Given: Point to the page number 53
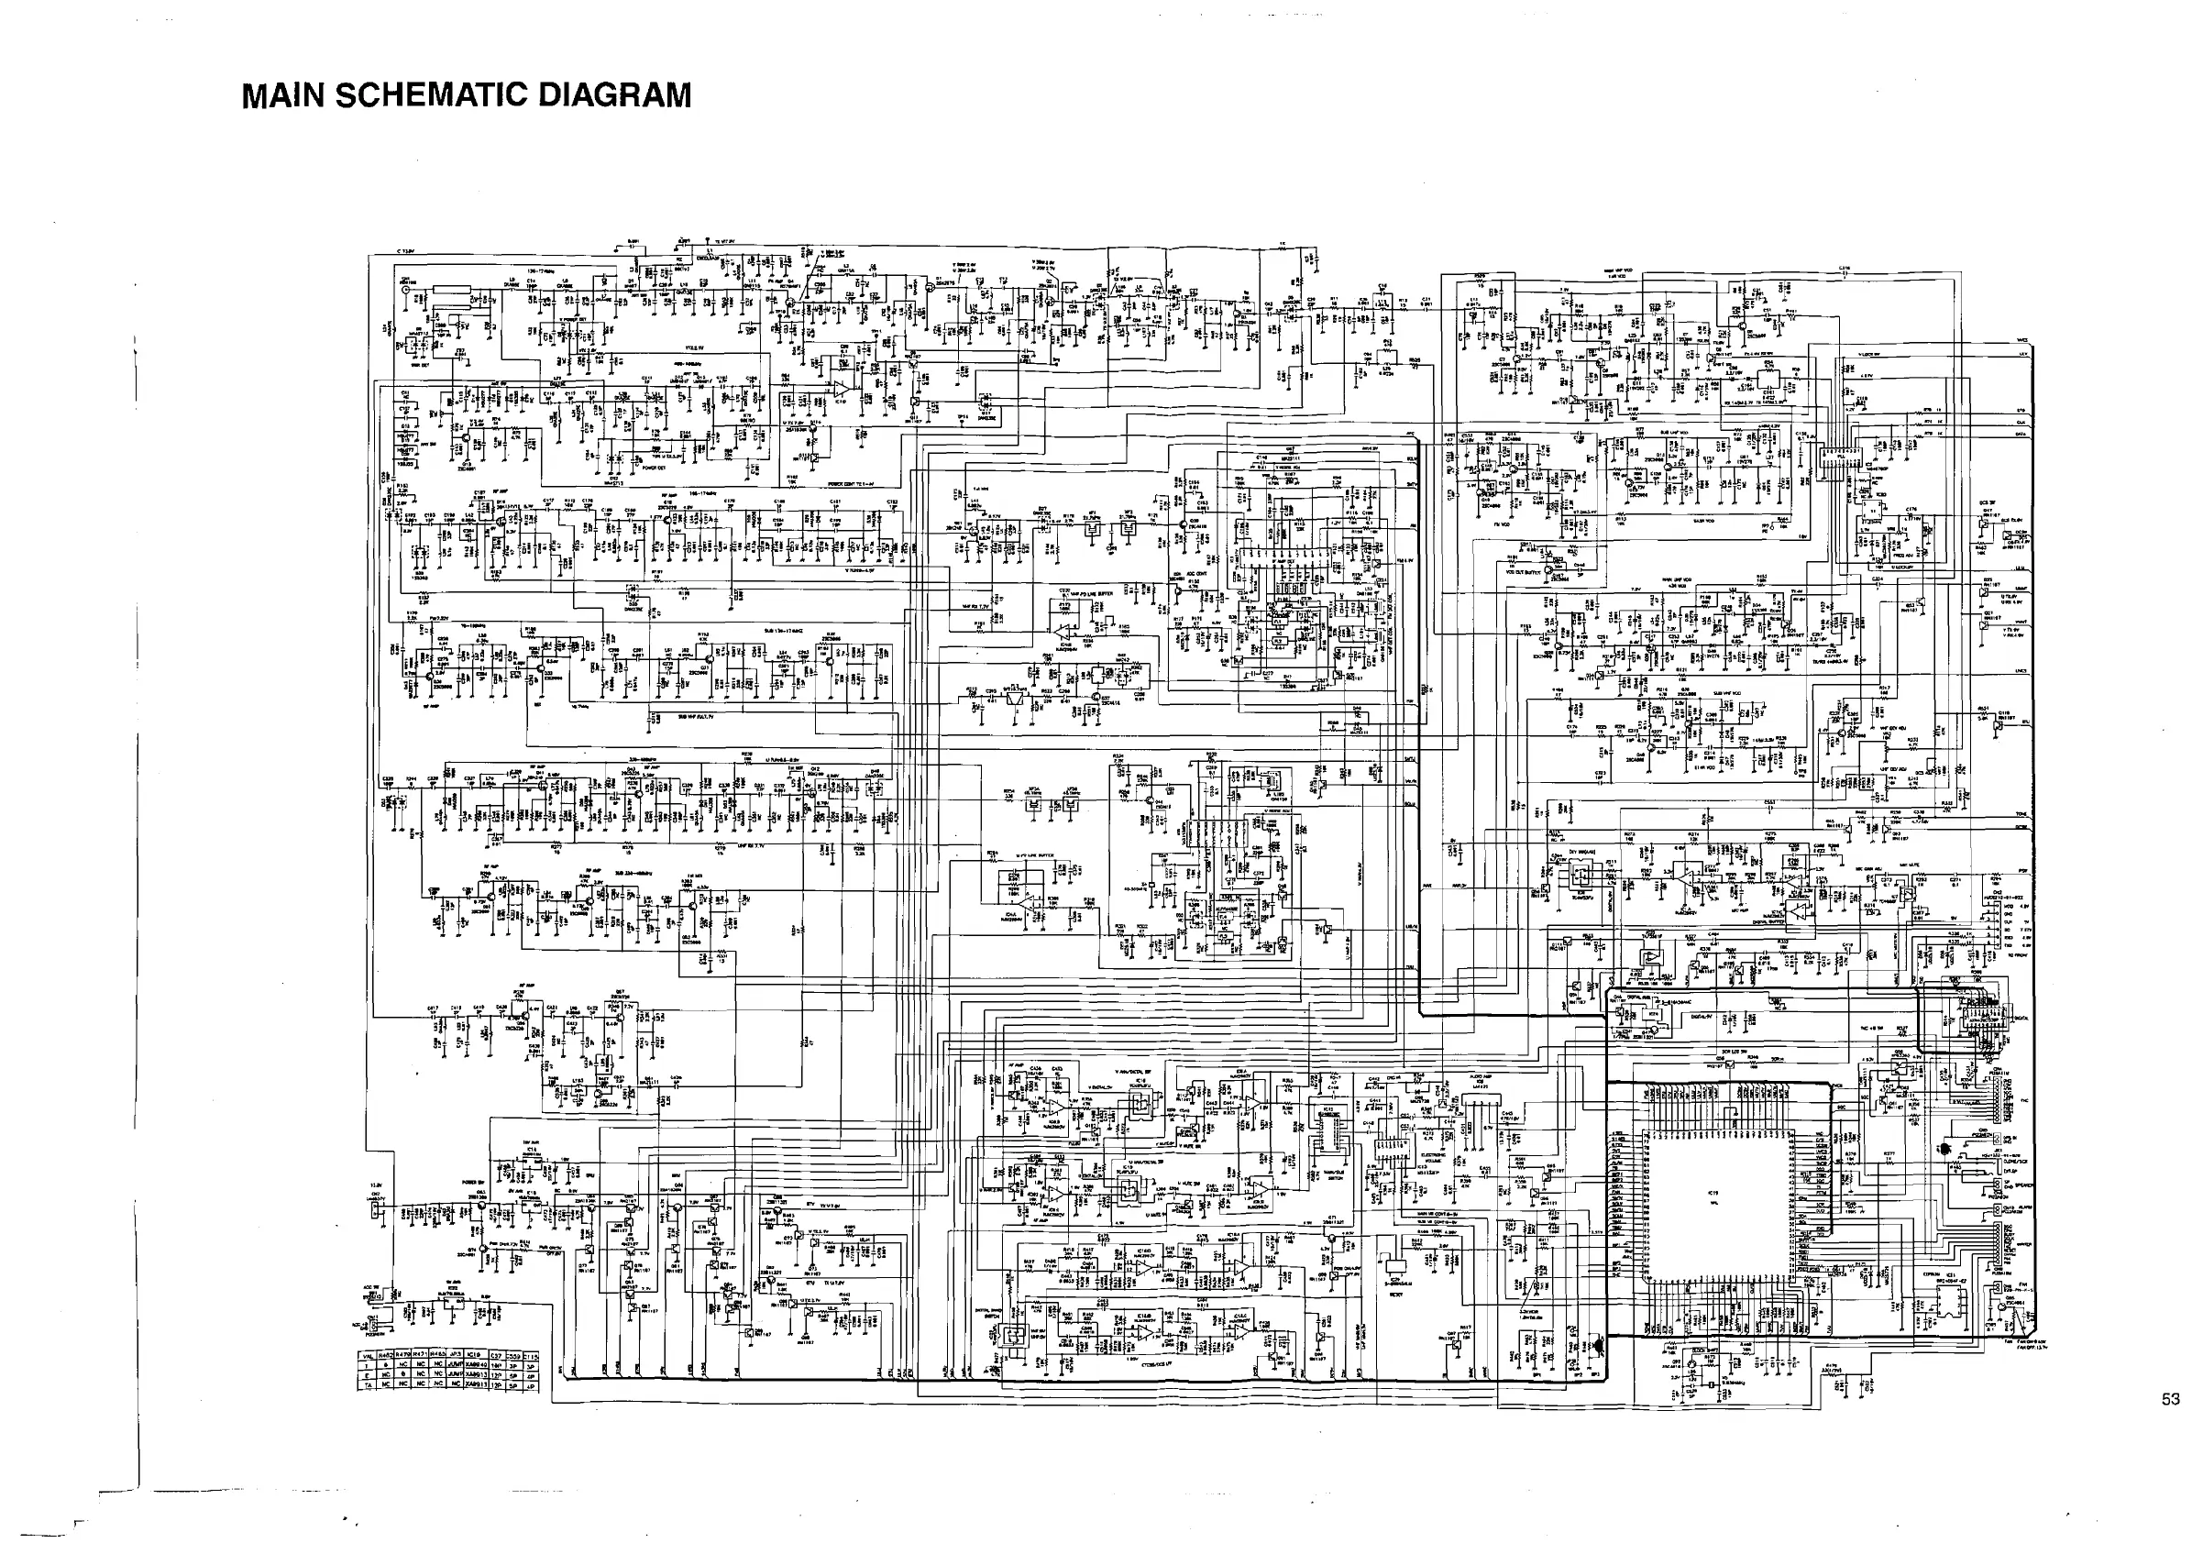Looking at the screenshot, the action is click(x=2169, y=1399).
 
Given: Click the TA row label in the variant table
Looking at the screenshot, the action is click(x=368, y=1385).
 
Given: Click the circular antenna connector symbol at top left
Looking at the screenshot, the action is click(x=406, y=287).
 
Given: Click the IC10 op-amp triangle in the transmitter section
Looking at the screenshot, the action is click(x=840, y=389).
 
